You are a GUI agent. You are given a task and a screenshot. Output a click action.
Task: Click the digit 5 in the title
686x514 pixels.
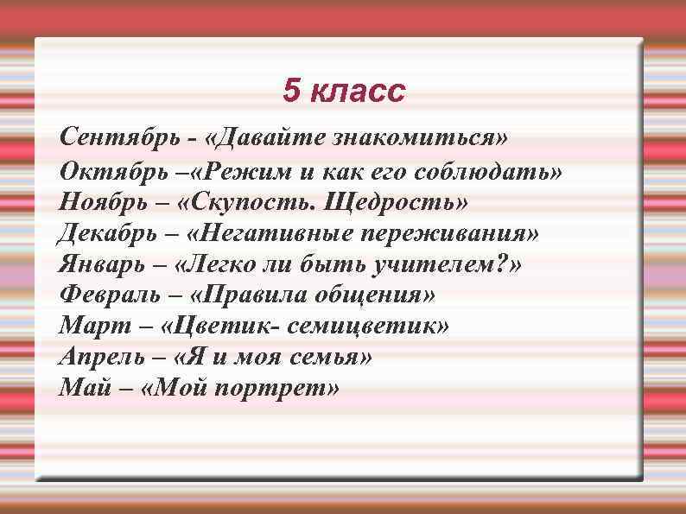tap(292, 91)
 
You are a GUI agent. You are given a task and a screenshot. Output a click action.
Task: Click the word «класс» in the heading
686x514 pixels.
tap(355, 92)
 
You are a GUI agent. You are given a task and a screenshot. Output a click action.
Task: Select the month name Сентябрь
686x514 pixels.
tap(116, 137)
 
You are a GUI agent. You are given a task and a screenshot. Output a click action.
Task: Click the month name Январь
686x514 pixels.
tap(102, 264)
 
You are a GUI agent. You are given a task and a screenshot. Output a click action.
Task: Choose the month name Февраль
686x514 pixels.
tap(110, 295)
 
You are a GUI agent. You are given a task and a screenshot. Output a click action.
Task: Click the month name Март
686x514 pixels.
tap(88, 327)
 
